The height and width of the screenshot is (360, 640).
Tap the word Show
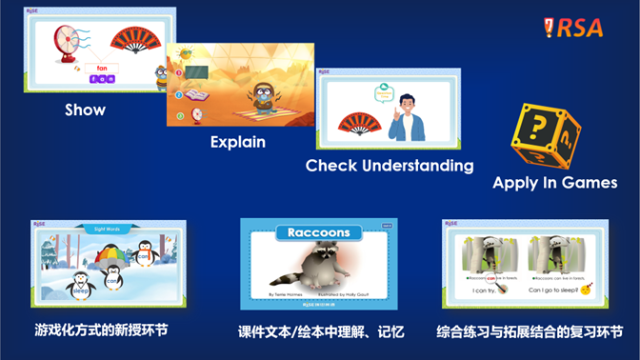pyautogui.click(x=85, y=110)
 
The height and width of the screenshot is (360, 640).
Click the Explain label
pyautogui.click(x=237, y=142)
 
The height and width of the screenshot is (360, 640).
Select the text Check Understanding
pyautogui.click(x=389, y=166)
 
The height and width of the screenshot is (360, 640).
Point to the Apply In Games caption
pyautogui.click(x=554, y=183)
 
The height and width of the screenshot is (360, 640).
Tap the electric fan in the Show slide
pyautogui.click(x=70, y=43)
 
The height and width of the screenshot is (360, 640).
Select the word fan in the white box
pyautogui.click(x=102, y=68)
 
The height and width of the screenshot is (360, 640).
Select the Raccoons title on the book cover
pyautogui.click(x=318, y=232)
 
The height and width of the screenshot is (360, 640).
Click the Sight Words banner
pyautogui.click(x=109, y=229)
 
